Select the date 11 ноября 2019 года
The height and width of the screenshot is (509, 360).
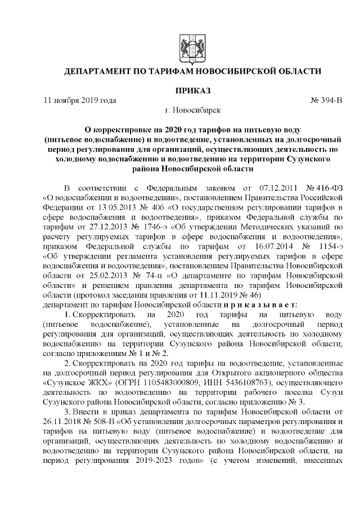(x=80, y=101)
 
